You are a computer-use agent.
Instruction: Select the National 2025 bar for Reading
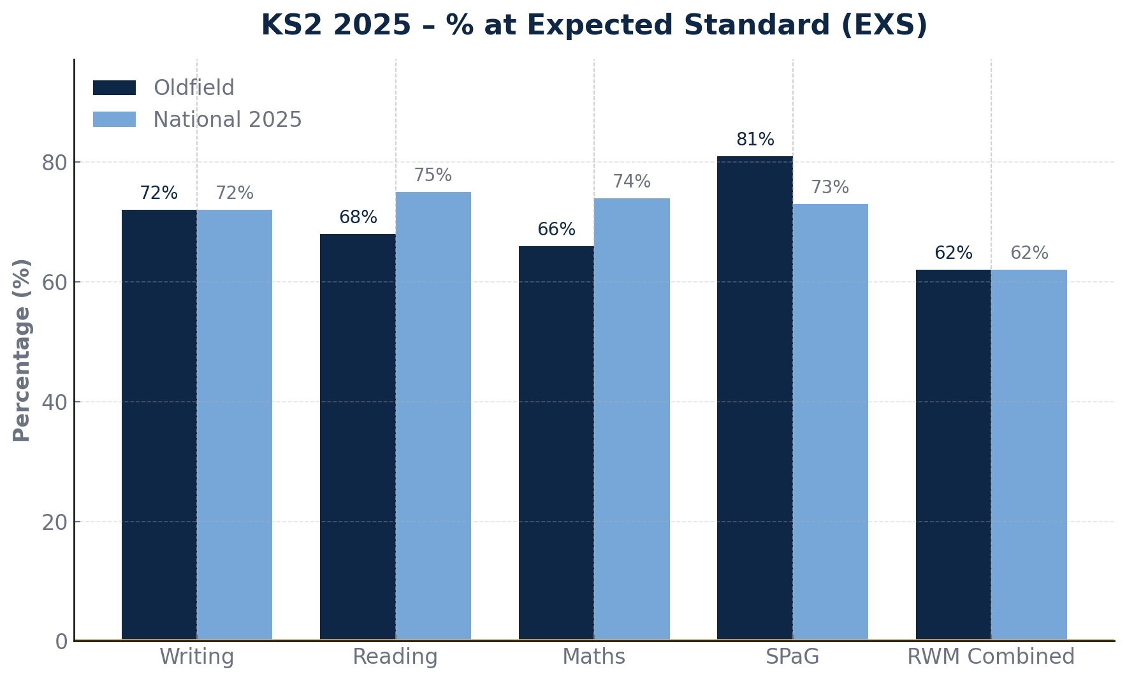[433, 415]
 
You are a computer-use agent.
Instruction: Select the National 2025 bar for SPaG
[830, 421]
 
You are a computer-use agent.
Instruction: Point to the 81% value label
[755, 140]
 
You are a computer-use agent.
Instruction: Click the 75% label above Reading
[433, 175]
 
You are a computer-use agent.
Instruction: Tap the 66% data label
[556, 230]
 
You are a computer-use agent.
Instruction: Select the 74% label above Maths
[632, 182]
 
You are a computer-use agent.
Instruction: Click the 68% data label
[358, 217]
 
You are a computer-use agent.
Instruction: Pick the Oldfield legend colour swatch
[114, 88]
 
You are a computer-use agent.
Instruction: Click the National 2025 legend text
[227, 120]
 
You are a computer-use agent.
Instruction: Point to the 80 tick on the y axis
[55, 163]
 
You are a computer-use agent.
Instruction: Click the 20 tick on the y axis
[55, 522]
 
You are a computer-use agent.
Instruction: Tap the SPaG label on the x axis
[792, 657]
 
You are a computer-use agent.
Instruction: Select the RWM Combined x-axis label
[991, 657]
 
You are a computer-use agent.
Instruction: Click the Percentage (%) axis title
[22, 349]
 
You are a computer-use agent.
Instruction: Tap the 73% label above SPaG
[830, 187]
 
